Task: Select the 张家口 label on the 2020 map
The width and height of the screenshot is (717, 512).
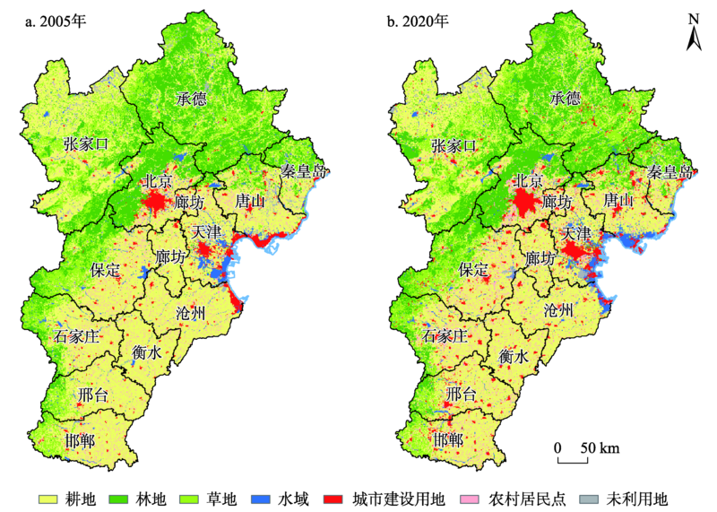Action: tap(454, 145)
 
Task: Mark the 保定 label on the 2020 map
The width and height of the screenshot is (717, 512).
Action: tap(472, 268)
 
